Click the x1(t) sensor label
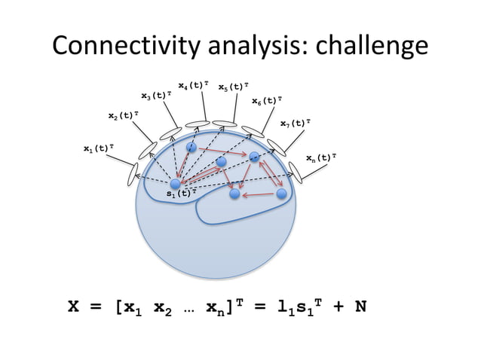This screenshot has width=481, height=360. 99,148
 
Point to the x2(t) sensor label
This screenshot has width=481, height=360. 123,115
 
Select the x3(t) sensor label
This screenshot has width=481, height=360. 157,96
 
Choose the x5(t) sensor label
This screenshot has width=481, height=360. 234,87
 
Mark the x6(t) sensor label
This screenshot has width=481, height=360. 267,100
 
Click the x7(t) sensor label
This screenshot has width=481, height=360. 296,123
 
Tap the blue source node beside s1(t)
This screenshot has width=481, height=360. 176,184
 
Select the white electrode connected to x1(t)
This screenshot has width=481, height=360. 134,172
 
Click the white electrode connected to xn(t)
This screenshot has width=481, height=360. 296,172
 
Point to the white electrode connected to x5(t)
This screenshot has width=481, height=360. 224,123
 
